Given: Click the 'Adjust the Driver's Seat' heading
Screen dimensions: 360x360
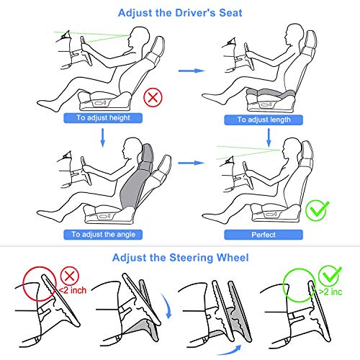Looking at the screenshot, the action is tap(180, 13).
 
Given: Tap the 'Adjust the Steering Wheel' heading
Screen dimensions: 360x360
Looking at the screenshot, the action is tap(180, 258).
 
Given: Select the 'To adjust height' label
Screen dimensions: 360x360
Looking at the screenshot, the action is tap(103, 118).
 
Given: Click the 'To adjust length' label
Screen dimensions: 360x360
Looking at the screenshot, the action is tap(264, 120).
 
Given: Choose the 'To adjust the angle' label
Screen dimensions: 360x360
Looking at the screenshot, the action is tap(103, 235).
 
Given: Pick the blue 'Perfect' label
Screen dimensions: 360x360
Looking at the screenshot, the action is tap(264, 235).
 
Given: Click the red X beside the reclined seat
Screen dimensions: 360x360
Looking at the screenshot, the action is tap(153, 97).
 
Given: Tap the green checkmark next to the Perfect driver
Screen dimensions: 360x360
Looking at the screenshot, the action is tap(317, 210).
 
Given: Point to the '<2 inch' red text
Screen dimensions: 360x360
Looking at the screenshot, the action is tap(73, 290).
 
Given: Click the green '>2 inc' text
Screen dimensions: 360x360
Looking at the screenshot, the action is tap(330, 292).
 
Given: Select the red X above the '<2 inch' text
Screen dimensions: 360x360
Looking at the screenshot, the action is tap(70, 276).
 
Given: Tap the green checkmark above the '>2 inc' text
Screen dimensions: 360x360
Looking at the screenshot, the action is tap(330, 276).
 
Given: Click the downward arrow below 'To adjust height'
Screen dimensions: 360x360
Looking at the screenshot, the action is tap(103, 138).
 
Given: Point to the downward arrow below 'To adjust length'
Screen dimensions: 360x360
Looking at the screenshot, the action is tap(269, 138).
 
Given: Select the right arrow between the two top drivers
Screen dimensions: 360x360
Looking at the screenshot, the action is tap(192, 71).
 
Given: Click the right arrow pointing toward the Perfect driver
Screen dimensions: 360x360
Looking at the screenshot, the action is tap(192, 163).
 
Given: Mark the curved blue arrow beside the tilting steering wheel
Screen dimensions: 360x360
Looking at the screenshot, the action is tap(168, 306).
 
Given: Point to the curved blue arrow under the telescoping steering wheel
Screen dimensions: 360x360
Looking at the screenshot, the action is tap(230, 351).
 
